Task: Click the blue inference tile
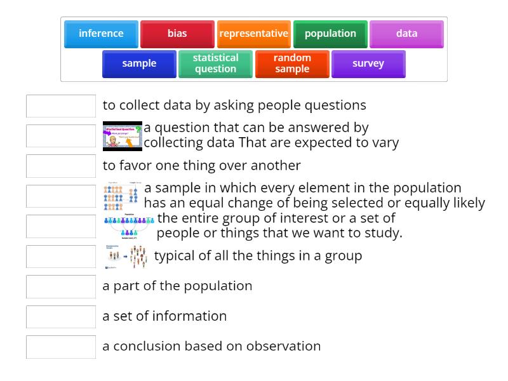pos(101,34)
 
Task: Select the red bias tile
pos(177,34)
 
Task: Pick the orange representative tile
pos(253,34)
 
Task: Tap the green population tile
pos(330,34)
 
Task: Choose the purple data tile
pos(406,34)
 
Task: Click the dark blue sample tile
pos(139,63)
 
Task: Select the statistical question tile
pos(215,63)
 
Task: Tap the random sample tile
pos(292,63)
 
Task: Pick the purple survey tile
pos(368,63)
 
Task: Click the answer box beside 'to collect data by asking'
pos(61,106)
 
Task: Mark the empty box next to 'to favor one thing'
pos(61,166)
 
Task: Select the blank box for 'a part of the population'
pos(61,286)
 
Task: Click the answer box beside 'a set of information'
pos(61,316)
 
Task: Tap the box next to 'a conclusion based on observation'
pos(61,347)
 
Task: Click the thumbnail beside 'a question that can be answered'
pos(123,136)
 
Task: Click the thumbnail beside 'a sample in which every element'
pos(121,196)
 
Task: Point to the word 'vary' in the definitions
pos(385,143)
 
